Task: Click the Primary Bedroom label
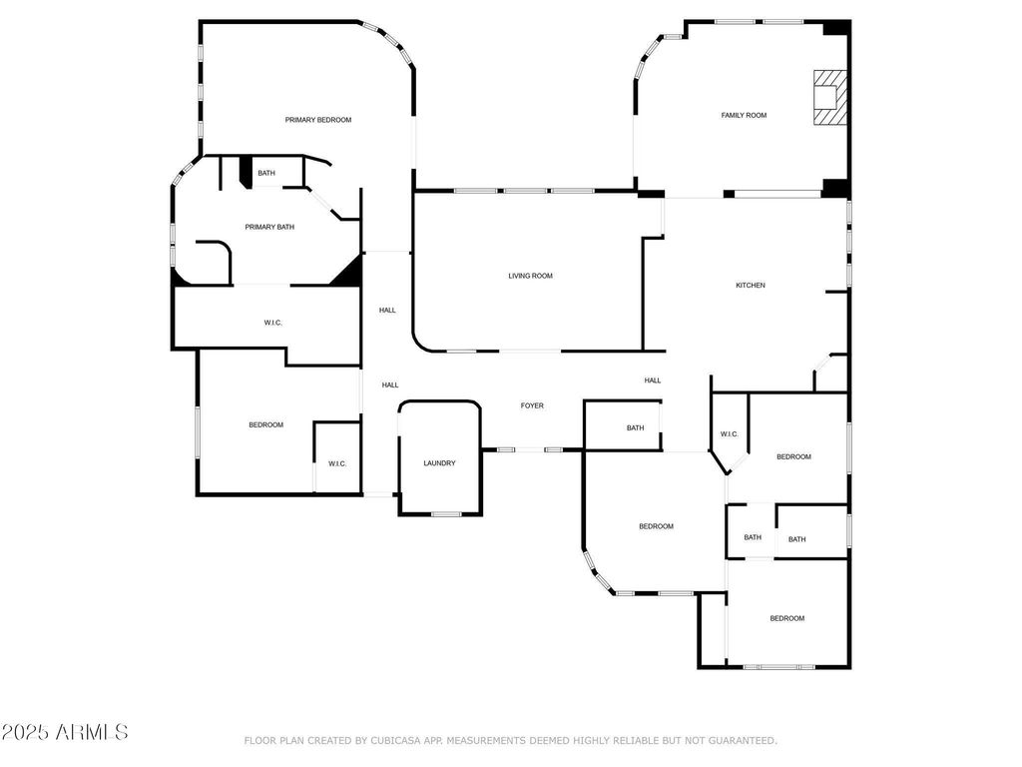(318, 120)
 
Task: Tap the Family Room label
(744, 116)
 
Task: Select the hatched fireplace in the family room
(830, 97)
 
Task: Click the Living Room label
(531, 276)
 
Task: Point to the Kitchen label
(751, 285)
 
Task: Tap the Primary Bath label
(269, 227)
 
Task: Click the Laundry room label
(439, 463)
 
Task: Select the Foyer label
(532, 405)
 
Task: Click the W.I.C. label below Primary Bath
(273, 323)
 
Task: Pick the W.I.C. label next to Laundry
(337, 463)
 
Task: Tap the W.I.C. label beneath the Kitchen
(730, 434)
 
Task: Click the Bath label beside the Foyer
(636, 427)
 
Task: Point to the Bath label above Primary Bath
(266, 173)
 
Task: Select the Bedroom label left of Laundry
(265, 425)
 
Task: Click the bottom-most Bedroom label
(787, 618)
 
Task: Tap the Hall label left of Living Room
(387, 311)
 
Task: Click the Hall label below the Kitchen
(653, 381)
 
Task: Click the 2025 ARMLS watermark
(65, 732)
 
